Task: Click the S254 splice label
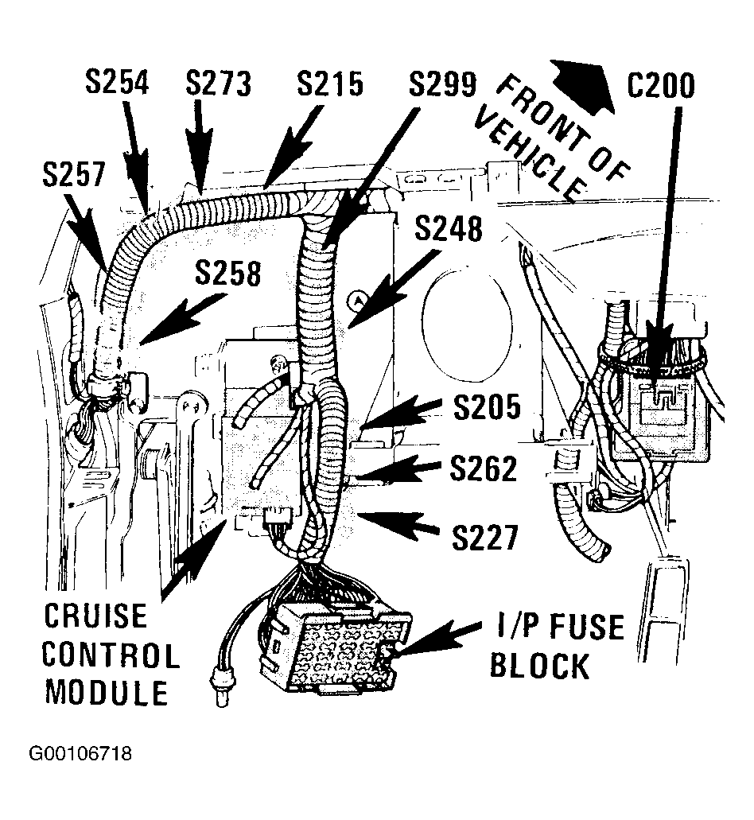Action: click(117, 82)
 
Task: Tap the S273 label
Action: click(219, 84)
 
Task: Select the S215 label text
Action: click(330, 84)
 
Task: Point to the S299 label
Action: click(442, 84)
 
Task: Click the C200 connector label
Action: click(661, 85)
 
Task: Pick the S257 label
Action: click(74, 173)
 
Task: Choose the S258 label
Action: click(227, 273)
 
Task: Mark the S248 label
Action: click(449, 228)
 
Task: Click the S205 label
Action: click(488, 407)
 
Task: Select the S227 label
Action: click(484, 537)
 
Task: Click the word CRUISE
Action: click(95, 616)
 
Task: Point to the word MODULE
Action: click(106, 692)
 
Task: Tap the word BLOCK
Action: click(539, 665)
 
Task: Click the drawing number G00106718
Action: click(80, 753)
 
